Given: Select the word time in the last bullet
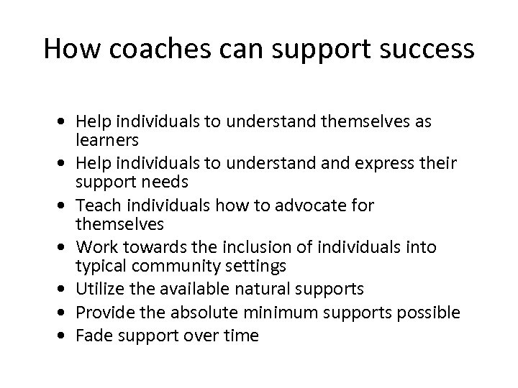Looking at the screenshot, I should [240, 336].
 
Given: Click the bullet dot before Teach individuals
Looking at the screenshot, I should [65, 206].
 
